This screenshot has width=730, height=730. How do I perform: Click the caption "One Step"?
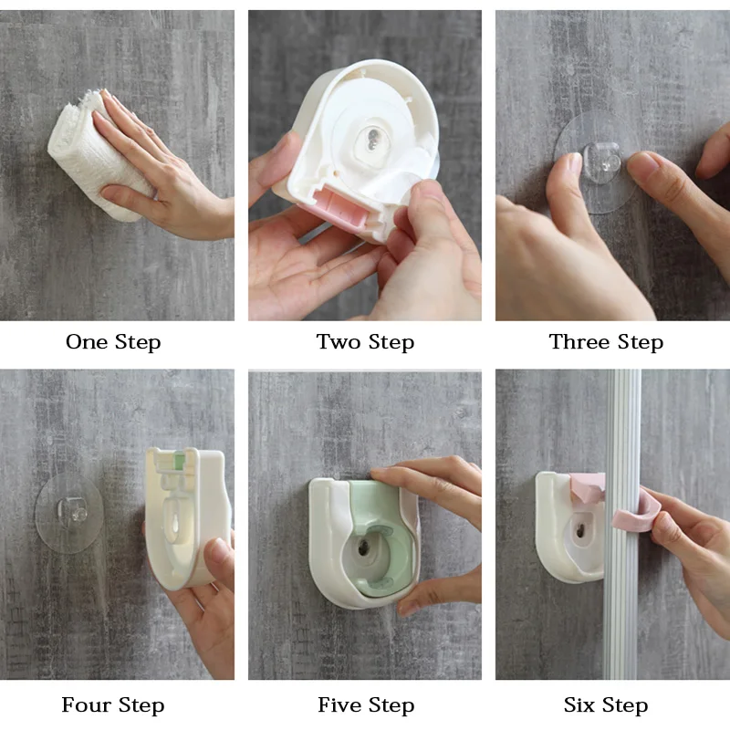point(113,342)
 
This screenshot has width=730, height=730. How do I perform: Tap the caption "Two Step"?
point(365,342)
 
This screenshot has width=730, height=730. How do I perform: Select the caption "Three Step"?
point(606,342)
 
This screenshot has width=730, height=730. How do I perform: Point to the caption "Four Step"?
point(113,705)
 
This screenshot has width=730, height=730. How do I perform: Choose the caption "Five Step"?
point(366,705)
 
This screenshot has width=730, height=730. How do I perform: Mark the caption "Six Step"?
point(606,705)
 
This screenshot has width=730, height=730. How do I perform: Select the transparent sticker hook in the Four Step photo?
point(69,514)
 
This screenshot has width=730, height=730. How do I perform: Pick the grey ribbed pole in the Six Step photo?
point(623,524)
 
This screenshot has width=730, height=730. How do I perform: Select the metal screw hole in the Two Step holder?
point(373,139)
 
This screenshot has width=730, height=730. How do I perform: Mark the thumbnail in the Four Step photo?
point(219,553)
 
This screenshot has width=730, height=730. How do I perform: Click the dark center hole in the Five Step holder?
point(363,547)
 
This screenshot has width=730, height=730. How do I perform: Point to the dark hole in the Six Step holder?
point(580,529)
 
